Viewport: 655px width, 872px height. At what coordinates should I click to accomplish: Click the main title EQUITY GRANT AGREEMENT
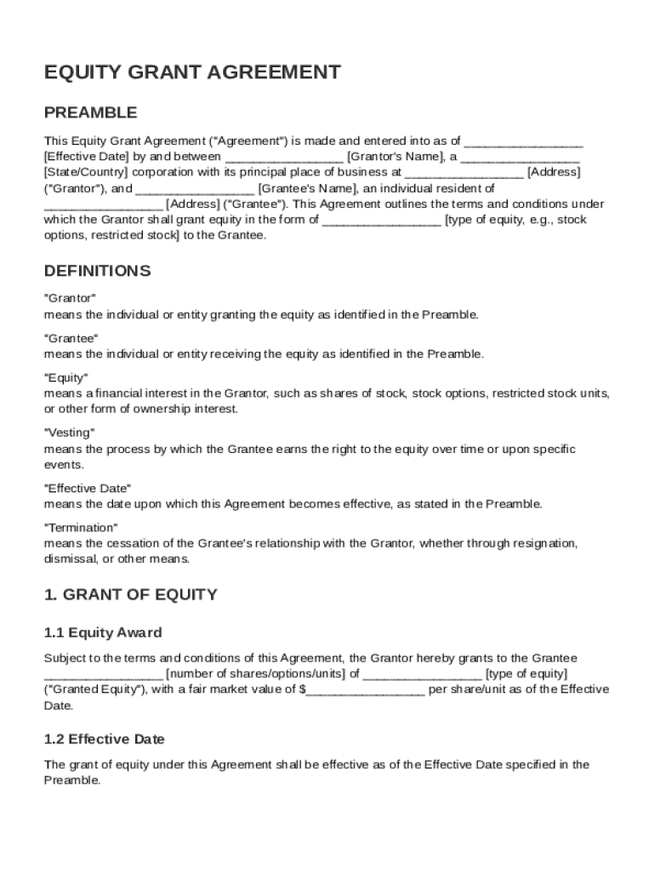(x=192, y=72)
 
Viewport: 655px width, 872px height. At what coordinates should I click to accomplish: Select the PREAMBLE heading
(x=90, y=112)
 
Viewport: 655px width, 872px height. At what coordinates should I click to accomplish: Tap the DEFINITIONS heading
(x=97, y=271)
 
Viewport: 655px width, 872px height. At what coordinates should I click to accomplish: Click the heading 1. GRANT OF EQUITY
(x=130, y=594)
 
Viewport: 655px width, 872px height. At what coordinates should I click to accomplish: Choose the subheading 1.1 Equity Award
(x=103, y=633)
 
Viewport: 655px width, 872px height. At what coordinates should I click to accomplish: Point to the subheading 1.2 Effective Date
(x=104, y=739)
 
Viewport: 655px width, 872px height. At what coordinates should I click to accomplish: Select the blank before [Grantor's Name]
(x=285, y=157)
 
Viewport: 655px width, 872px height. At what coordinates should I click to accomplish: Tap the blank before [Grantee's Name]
(x=195, y=188)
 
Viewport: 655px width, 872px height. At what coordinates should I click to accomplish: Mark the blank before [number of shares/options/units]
(x=103, y=674)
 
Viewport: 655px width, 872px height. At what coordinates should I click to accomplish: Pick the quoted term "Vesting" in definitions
(x=69, y=433)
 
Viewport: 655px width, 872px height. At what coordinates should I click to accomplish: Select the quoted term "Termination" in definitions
(x=81, y=527)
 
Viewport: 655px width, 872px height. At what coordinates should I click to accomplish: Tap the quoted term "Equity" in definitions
(x=65, y=377)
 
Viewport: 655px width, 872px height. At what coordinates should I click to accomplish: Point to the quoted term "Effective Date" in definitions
(x=87, y=488)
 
